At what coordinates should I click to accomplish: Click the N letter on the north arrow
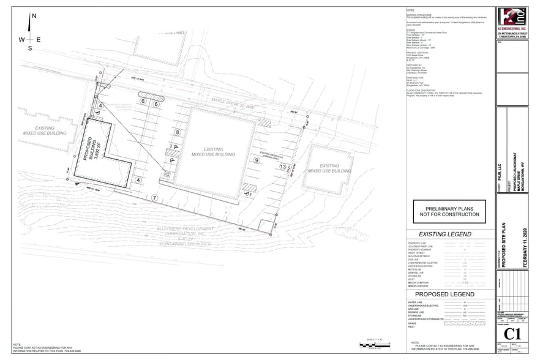pyautogui.click(x=34, y=17)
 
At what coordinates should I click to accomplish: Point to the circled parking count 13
pyautogui.click(x=282, y=167)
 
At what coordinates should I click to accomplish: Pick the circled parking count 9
pyautogui.click(x=257, y=160)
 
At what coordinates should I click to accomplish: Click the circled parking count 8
pyautogui.click(x=178, y=132)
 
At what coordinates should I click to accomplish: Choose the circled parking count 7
pyautogui.click(x=155, y=197)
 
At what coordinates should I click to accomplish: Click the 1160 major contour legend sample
pyautogui.click(x=465, y=282)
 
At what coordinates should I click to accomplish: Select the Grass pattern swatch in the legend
pyautogui.click(x=465, y=323)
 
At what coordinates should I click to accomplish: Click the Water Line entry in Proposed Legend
pyautogui.click(x=416, y=302)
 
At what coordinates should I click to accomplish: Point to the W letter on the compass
pyautogui.click(x=21, y=40)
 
